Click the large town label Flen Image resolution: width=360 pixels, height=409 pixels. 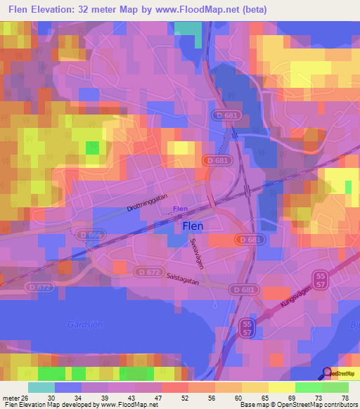[x=193, y=226]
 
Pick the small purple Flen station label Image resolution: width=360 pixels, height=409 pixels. [x=180, y=209]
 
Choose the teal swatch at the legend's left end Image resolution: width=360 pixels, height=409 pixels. [x=41, y=387]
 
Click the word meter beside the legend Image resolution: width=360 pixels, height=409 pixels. [x=11, y=398]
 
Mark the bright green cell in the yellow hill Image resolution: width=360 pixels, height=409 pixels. [x=92, y=148]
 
